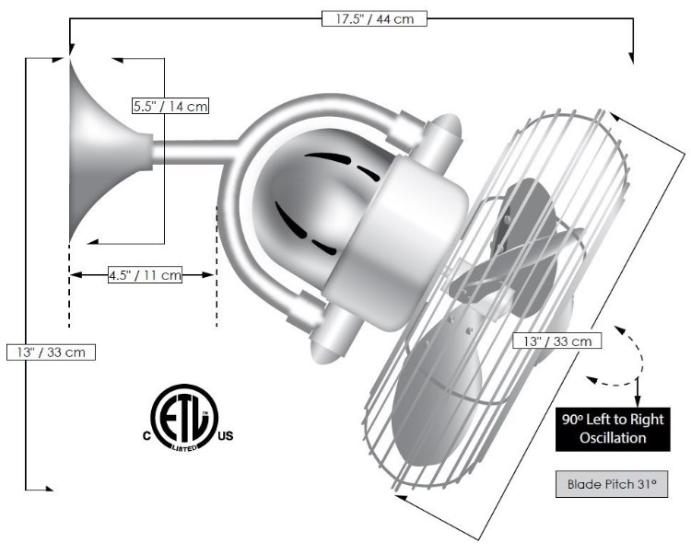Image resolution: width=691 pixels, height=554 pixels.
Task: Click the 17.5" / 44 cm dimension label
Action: click(374, 17)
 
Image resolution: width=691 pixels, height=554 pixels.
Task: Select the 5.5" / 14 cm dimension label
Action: click(170, 106)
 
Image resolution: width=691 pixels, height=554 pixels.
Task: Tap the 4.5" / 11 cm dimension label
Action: click(145, 274)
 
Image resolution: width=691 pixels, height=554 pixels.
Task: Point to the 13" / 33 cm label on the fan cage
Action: click(557, 340)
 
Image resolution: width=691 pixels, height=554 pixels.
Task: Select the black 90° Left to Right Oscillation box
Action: click(612, 429)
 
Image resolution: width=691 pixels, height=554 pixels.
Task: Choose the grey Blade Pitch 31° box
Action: click(612, 484)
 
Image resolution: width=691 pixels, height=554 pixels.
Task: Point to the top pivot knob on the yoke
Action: click(440, 128)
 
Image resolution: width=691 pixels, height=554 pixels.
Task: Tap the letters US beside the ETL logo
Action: click(226, 434)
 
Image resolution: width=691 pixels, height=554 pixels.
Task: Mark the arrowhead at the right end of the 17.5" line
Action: click(633, 58)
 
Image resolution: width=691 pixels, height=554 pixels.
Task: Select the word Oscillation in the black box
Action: click(612, 438)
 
